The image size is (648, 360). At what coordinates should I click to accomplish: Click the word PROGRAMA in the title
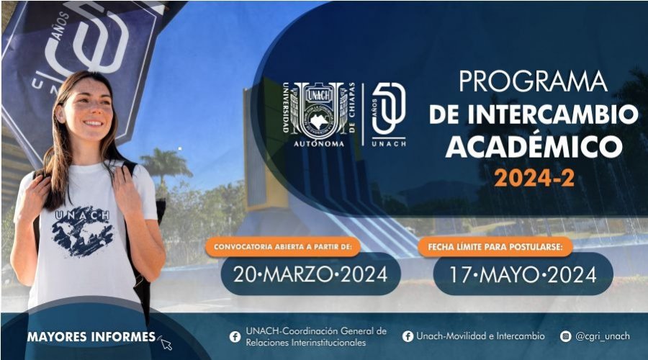coord(533,81)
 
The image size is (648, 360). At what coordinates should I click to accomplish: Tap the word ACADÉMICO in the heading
coord(534,146)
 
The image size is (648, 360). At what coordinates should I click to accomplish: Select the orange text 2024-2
coord(534,178)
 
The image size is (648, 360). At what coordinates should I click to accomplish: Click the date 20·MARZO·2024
coord(310,274)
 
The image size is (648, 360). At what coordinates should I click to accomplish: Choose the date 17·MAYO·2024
coord(523,274)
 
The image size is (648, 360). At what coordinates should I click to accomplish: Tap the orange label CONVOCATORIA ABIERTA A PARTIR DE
coord(283,247)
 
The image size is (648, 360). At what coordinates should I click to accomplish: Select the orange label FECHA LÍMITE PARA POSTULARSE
coord(495,247)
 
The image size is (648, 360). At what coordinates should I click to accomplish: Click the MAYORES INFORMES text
coord(91,337)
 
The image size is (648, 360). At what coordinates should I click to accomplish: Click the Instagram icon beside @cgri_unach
coord(565,336)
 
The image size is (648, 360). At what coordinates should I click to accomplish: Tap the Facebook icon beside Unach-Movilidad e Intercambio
coord(408,336)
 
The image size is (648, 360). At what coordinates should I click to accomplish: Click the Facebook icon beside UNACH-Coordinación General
coord(235,337)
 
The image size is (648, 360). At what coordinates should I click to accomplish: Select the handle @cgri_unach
coord(603,336)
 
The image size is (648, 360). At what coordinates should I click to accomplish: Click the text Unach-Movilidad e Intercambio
coord(480,336)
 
